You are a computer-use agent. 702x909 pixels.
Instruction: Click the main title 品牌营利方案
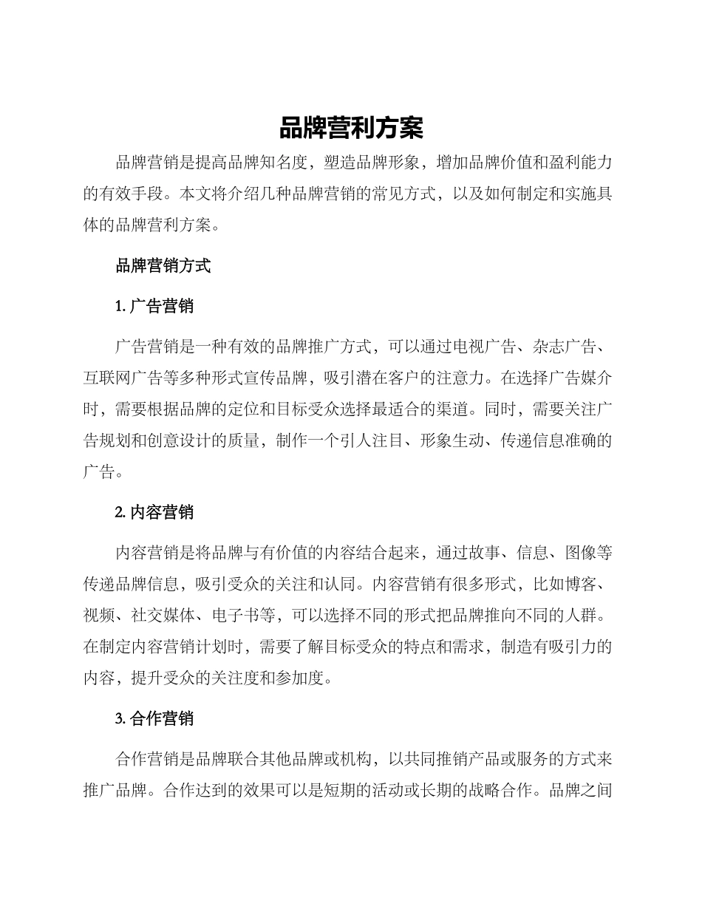click(x=351, y=129)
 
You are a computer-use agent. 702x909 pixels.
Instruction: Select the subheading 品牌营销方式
click(x=163, y=266)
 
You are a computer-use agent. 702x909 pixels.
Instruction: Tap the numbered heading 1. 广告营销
click(x=154, y=306)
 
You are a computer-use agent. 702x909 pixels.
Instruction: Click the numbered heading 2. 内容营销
click(x=154, y=512)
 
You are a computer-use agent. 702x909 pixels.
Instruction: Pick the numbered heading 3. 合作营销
click(x=154, y=718)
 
